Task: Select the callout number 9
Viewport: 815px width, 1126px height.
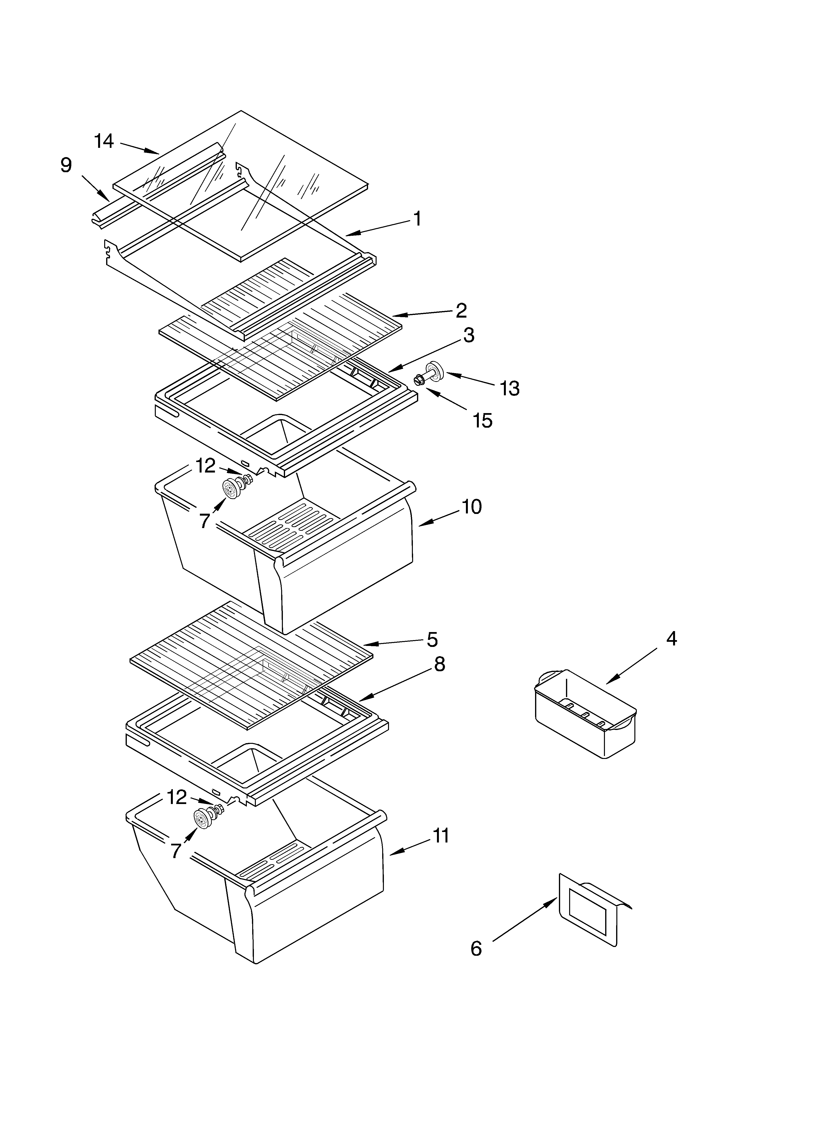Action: click(66, 165)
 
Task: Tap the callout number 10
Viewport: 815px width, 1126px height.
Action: click(472, 507)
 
